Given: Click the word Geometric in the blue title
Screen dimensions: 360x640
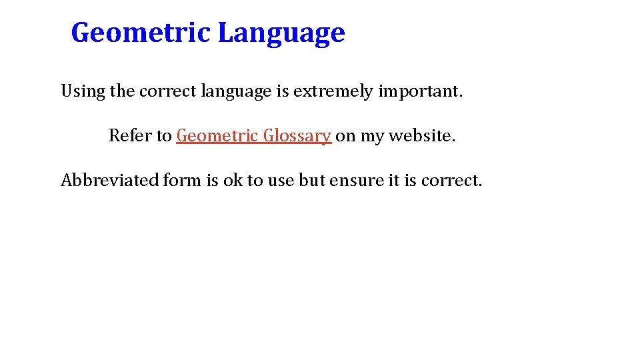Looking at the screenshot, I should pyautogui.click(x=141, y=33).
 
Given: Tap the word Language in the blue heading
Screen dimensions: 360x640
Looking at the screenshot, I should pyautogui.click(x=281, y=33).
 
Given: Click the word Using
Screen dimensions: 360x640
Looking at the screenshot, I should pyautogui.click(x=83, y=91).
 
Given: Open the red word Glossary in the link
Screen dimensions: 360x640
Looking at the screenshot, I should pyautogui.click(x=297, y=136).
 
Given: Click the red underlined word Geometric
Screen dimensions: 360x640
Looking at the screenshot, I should pyautogui.click(x=217, y=135).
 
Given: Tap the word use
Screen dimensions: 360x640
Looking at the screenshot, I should pyautogui.click(x=280, y=180).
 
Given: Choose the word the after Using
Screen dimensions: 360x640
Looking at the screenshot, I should pyautogui.click(x=123, y=91).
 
